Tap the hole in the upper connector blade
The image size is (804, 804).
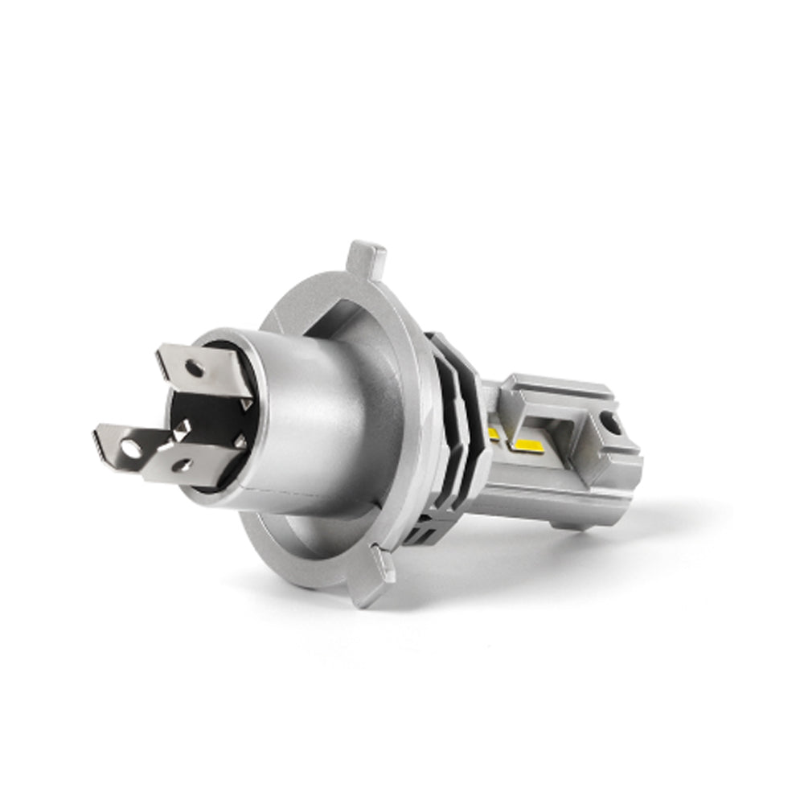click(x=193, y=369)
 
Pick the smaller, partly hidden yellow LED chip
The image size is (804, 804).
click(x=493, y=435)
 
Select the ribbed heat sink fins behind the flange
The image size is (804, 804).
click(x=454, y=434)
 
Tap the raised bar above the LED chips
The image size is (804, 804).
click(x=555, y=393)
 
